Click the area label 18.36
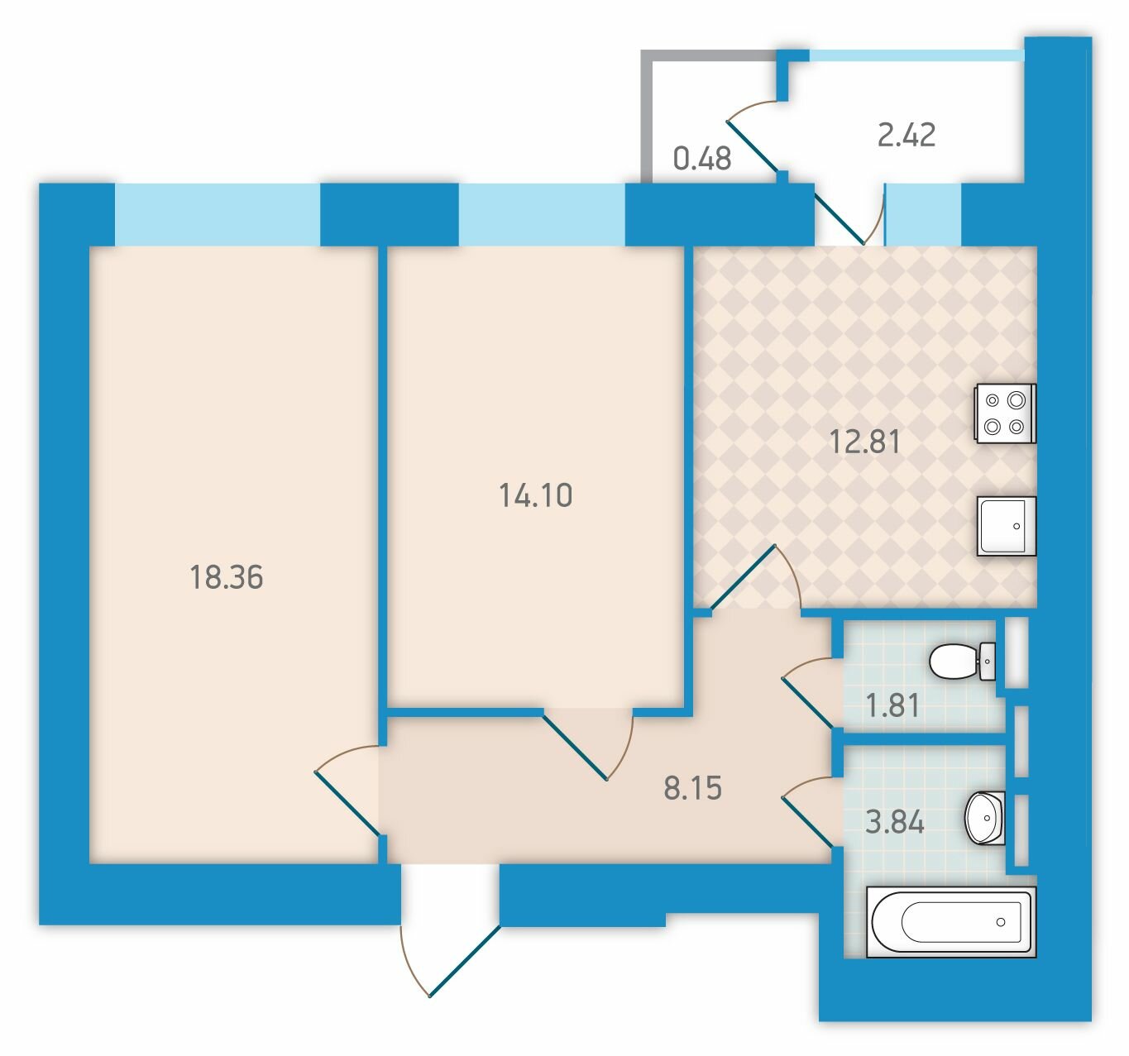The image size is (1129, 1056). tap(227, 577)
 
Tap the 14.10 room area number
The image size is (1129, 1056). tap(535, 495)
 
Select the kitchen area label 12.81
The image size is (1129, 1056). tap(865, 442)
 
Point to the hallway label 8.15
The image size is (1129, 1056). tap(692, 788)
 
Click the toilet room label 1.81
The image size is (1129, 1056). tap(892, 705)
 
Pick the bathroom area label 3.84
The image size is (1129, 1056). tap(894, 822)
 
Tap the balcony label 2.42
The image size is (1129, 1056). tap(907, 136)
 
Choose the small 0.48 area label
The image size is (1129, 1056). tap(701, 159)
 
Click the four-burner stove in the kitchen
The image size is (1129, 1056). tap(1004, 413)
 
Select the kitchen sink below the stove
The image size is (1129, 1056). tap(1007, 526)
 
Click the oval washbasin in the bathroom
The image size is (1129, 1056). tap(984, 819)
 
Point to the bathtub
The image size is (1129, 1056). tap(951, 922)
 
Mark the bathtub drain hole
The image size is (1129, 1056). tap(1001, 922)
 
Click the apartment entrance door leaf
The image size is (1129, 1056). tap(465, 961)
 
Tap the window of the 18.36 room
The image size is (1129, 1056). tap(218, 214)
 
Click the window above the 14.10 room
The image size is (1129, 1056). tap(542, 214)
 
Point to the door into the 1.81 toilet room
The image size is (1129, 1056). tap(808, 703)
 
